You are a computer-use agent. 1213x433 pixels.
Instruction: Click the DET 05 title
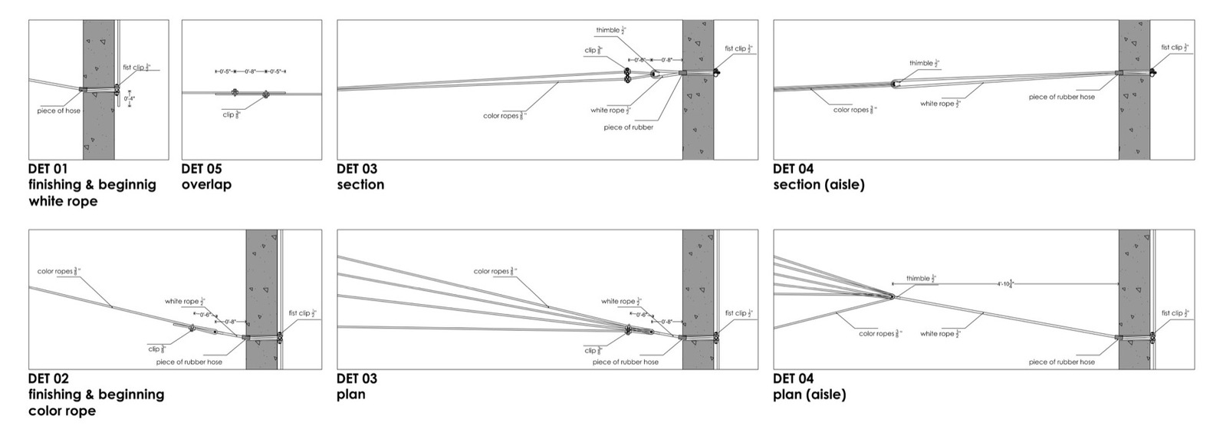tap(202, 169)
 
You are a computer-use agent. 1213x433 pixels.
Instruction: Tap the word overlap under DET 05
tap(206, 185)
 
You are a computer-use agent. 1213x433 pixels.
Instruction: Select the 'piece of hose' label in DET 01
tap(58, 111)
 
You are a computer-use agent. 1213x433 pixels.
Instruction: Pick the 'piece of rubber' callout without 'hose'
tap(628, 127)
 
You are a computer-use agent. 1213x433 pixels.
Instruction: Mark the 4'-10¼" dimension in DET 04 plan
tap(1005, 284)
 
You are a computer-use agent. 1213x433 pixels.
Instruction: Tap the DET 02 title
tap(48, 378)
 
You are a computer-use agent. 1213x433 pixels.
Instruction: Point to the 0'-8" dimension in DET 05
tap(251, 71)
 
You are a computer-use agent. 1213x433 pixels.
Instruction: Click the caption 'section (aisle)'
tap(818, 185)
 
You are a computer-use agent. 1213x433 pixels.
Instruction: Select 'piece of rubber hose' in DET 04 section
tap(1061, 98)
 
